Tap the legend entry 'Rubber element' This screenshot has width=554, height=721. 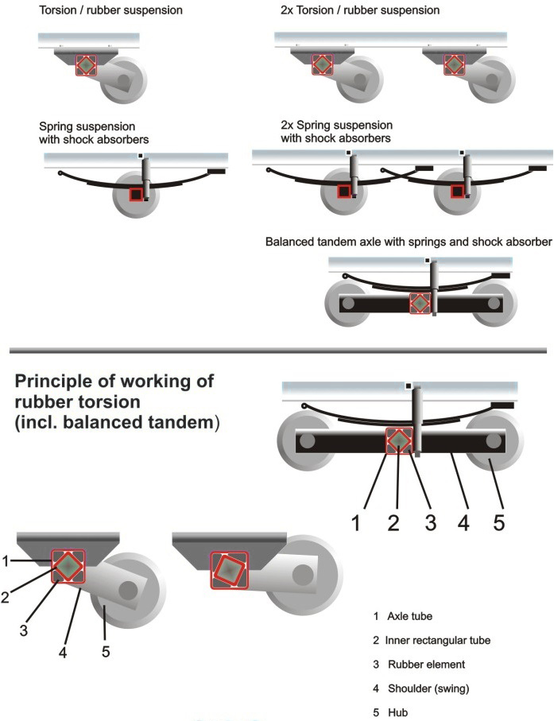pos(419,664)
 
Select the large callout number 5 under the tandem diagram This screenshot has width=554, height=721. pos(498,522)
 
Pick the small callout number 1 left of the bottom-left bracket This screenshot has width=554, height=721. pos(5,561)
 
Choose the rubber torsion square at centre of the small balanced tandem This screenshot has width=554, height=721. pos(420,303)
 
